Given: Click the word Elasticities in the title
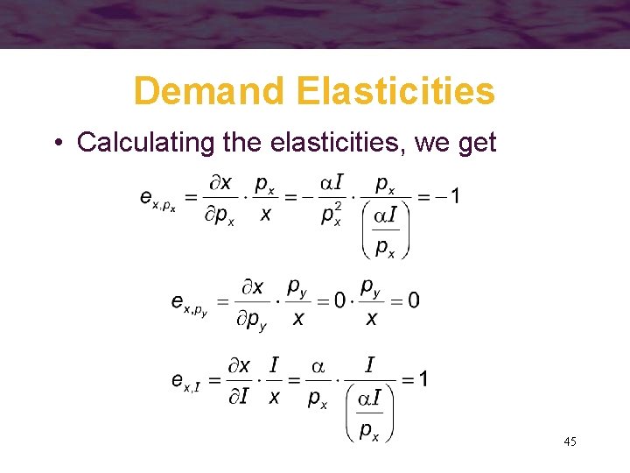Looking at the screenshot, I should coord(395,90).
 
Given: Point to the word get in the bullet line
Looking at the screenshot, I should coord(475,143).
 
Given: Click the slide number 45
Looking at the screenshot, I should coord(570,442).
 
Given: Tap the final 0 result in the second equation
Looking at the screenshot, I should coord(413,300).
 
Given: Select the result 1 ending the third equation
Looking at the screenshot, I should coord(423,378).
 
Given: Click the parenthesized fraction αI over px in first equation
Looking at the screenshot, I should coord(385,230).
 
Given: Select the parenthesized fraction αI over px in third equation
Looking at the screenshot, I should coord(369,413).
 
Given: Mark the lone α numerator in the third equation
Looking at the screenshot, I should coord(317,364).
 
